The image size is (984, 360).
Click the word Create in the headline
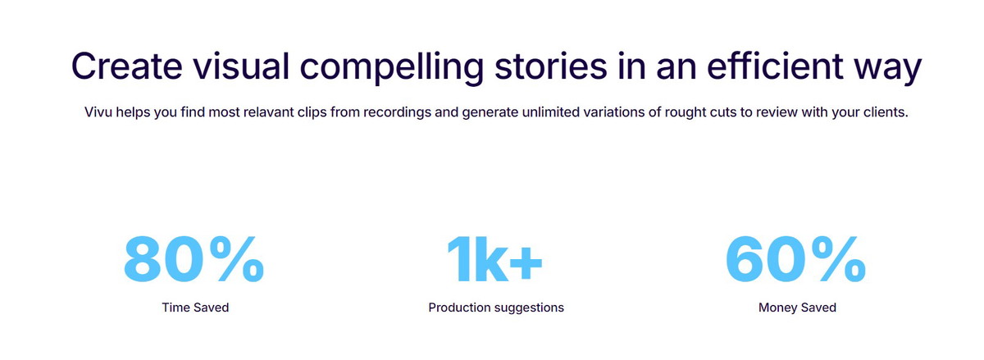tap(126, 66)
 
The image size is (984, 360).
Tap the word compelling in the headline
tap(391, 68)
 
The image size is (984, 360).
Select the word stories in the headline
tap(551, 66)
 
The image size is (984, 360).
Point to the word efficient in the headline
tap(775, 66)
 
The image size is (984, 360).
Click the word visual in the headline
tap(241, 66)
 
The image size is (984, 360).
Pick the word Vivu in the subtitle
tap(98, 112)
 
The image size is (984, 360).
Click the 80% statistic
tap(194, 259)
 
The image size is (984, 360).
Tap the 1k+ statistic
tap(495, 259)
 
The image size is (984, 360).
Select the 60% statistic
tap(795, 259)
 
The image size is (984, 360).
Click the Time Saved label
tap(195, 308)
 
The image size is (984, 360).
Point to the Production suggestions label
tap(496, 308)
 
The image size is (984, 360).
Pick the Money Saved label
tap(797, 308)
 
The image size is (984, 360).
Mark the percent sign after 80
tap(237, 259)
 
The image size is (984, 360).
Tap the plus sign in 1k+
tap(526, 263)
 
